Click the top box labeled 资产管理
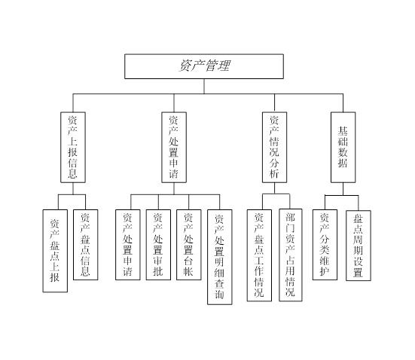click(204, 66)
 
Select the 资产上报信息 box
click(73, 147)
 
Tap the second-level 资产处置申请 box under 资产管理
click(174, 147)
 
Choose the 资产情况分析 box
click(274, 147)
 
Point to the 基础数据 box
click(343, 147)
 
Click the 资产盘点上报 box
click(55, 251)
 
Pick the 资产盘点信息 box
click(86, 245)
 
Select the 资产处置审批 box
click(158, 245)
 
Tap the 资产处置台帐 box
click(189, 245)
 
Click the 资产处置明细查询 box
click(220, 257)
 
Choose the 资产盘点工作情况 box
click(259, 255)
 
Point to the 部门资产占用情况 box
click(291, 255)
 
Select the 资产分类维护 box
click(325, 245)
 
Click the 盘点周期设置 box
click(359, 246)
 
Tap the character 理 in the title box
click(224, 66)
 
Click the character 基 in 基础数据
click(343, 131)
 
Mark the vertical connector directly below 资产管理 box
click(204, 87)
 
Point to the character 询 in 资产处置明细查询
click(219, 294)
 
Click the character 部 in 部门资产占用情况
click(290, 217)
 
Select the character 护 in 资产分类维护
click(325, 271)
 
